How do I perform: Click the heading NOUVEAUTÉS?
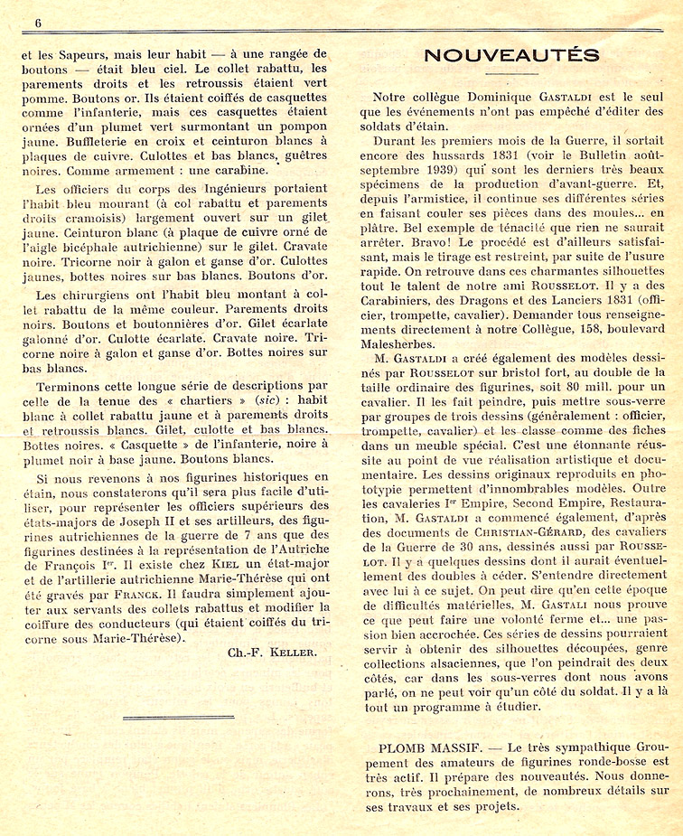[510, 55]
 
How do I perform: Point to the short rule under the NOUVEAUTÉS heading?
[511, 73]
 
